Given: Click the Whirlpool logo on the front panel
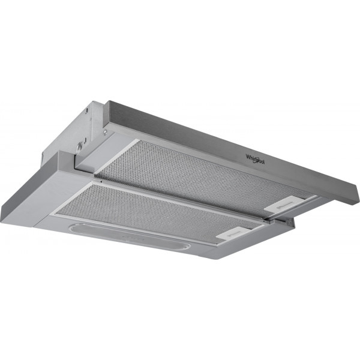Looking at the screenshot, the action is coord(255,160).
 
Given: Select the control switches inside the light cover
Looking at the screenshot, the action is coord(133,238).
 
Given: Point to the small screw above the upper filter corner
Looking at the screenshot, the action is coord(105,132).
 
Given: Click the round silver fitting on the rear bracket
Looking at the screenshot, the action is coord(79,146).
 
